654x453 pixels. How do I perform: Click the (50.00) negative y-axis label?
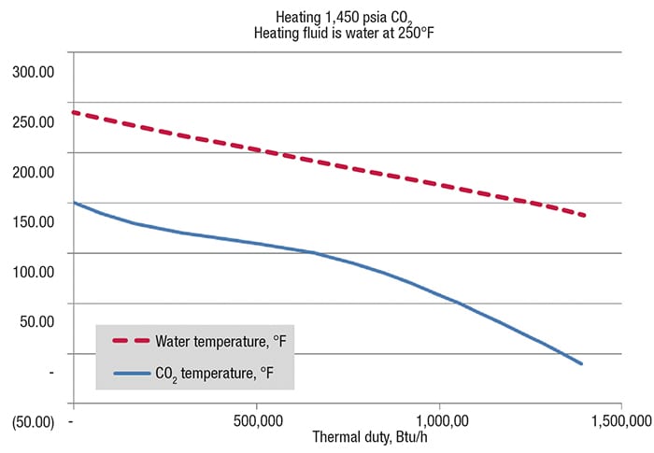click(x=33, y=422)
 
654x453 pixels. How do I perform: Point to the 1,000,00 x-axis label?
click(x=439, y=420)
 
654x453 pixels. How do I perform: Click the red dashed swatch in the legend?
click(x=132, y=340)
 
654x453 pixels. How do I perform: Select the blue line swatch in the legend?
click(x=132, y=374)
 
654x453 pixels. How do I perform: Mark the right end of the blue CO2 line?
click(x=582, y=363)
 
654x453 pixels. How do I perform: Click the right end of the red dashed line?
click(x=585, y=216)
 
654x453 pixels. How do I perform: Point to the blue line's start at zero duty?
click(x=74, y=203)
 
